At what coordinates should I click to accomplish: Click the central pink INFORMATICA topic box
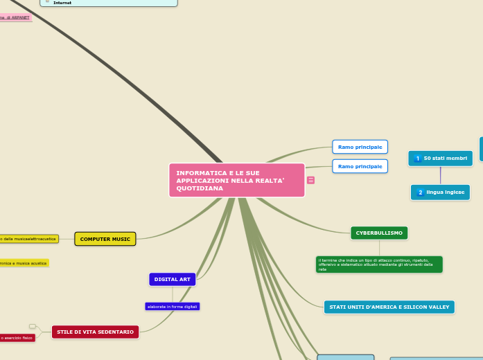pos(236,180)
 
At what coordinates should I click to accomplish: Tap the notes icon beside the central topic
pos(310,180)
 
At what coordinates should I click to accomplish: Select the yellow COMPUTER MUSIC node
pos(105,239)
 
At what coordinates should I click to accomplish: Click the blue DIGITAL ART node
pos(173,279)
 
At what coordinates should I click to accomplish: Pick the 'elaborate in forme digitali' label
pos(173,306)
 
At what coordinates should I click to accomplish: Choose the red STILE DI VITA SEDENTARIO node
pos(95,332)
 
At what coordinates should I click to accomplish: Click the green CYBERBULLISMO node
pos(379,233)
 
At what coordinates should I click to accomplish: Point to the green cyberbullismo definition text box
pos(378,264)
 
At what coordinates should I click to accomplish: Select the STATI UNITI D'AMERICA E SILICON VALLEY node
pos(389,307)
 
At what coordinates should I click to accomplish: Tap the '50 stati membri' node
pos(441,159)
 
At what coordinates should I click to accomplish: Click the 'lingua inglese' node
pos(441,192)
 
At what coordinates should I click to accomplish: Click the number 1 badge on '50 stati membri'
pos(417,159)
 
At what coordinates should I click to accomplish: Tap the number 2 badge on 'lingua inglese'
pos(420,192)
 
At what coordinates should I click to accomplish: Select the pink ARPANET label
pos(15,17)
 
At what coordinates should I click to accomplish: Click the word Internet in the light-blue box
pos(62,3)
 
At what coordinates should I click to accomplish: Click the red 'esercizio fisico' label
pos(17,338)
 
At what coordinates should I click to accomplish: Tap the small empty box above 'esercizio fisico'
pos(32,326)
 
